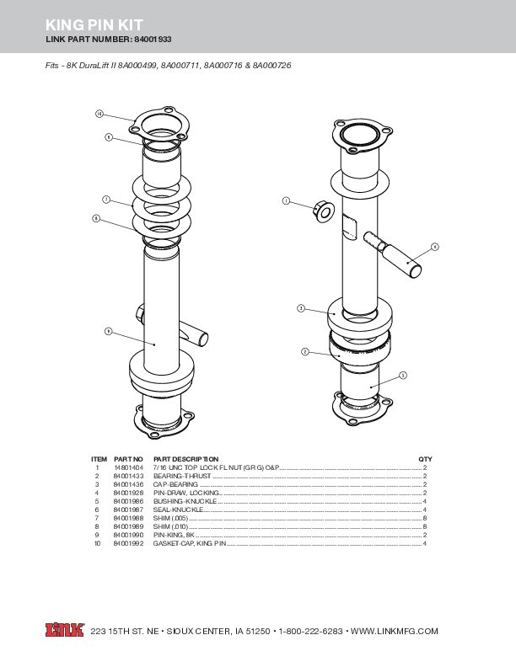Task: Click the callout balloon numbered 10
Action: coord(99,113)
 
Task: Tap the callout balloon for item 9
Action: coord(108,331)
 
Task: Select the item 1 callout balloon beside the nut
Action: coord(286,201)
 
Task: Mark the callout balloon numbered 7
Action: coord(106,199)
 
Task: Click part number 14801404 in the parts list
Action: coord(128,467)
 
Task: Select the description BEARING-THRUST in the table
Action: coord(177,476)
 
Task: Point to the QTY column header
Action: coord(425,458)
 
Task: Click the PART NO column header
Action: coord(128,458)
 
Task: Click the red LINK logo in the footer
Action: coord(64,631)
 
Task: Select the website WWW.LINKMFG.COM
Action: coord(394,632)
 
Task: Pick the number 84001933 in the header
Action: coord(154,40)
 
